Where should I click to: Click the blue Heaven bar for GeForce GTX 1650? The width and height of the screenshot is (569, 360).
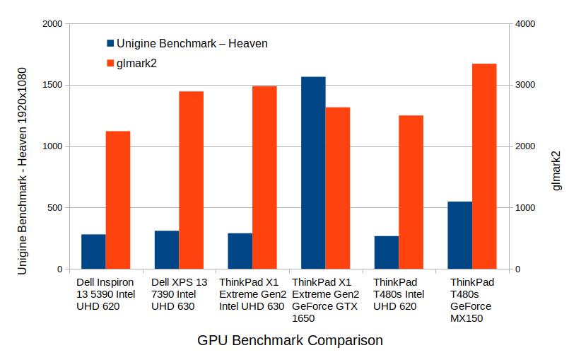coord(313,173)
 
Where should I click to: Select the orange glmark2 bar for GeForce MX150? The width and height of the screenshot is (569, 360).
coord(484,166)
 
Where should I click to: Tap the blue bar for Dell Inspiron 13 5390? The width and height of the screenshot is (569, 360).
coord(93,252)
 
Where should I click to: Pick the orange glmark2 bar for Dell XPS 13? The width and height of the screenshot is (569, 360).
coord(191,180)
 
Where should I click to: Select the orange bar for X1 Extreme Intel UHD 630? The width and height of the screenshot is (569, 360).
coord(264,178)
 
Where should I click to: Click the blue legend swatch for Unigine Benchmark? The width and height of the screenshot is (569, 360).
coord(110,44)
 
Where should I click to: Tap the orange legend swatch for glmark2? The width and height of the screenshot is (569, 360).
coord(110,63)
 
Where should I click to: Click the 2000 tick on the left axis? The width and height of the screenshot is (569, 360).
coord(52,24)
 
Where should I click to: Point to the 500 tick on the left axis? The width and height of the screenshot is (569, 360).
coord(55,208)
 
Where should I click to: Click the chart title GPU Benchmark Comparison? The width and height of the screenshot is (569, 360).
coord(290,340)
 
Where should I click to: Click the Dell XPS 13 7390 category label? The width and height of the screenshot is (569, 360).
coord(179,294)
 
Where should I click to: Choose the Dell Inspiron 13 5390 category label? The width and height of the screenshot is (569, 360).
coord(105,294)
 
